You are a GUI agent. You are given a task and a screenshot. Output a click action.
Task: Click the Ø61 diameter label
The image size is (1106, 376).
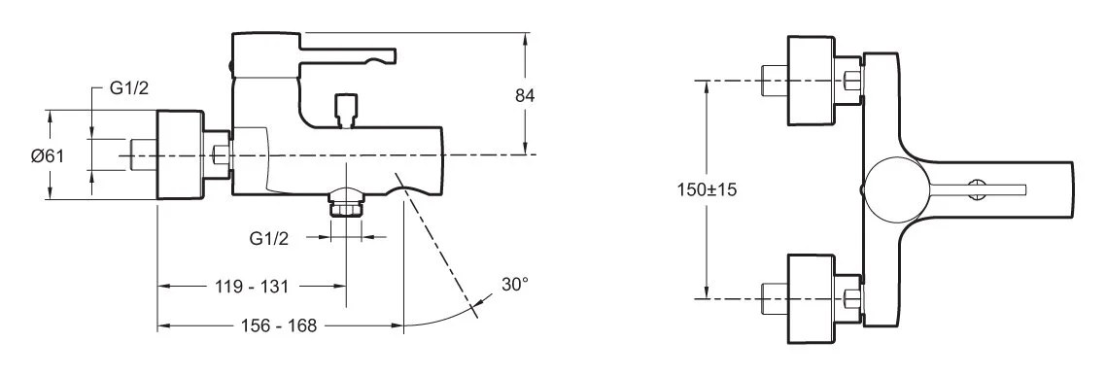click(48, 155)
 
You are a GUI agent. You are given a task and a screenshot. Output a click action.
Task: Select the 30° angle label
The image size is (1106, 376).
click(515, 285)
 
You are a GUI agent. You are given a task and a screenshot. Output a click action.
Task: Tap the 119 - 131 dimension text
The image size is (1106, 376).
click(252, 287)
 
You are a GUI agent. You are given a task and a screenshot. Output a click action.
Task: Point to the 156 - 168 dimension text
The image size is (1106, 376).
click(279, 325)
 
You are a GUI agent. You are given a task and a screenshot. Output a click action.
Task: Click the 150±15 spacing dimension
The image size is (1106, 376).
click(707, 189)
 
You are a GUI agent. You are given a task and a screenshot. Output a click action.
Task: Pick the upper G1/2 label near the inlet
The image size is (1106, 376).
click(129, 88)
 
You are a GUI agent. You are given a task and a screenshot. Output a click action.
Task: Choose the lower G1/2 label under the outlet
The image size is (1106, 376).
click(269, 238)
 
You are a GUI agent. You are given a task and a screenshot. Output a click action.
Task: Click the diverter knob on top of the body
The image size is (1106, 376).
click(345, 110)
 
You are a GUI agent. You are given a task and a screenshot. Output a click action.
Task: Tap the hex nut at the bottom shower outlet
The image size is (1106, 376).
click(346, 208)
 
